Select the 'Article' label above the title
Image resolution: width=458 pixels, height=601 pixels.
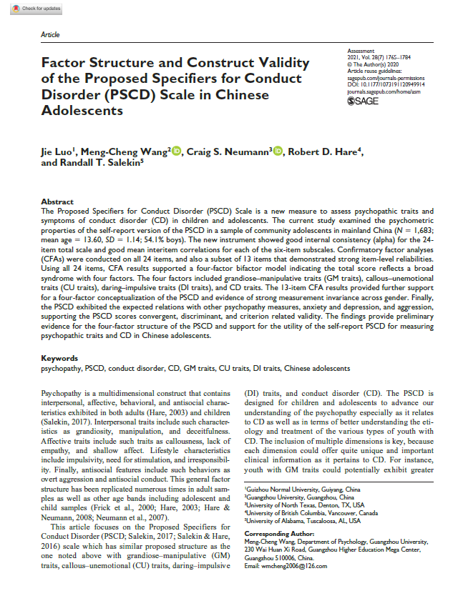click(50, 35)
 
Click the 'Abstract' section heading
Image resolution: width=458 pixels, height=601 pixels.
click(57, 202)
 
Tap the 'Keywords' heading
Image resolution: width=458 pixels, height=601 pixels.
click(59, 357)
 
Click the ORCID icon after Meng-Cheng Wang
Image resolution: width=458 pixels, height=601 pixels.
click(176, 150)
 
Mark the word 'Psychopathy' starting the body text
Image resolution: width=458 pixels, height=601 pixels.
click(64, 392)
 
